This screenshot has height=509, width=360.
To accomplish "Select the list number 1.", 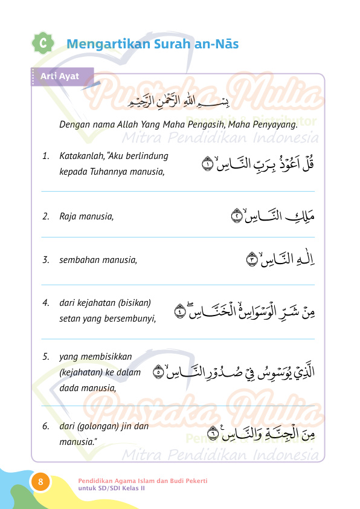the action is pos(45,156).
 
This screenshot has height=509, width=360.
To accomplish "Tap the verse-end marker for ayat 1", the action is pos(207,164).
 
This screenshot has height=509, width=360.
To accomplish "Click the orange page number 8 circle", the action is pos(40,482).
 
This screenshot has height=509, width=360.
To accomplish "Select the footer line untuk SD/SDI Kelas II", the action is pos(111,488).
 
